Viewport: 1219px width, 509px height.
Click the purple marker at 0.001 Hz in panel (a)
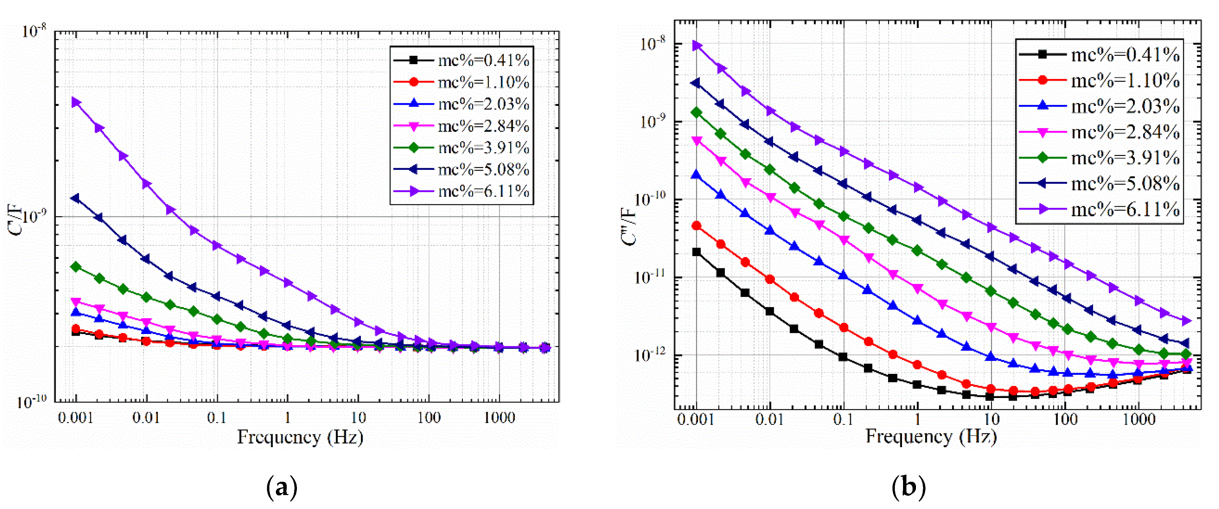76,102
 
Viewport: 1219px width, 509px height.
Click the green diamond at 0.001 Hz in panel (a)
75,267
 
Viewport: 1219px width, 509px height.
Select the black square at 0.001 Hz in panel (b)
696,252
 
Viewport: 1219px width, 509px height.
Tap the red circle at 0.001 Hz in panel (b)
696,225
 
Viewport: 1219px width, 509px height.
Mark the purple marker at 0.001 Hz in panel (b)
697,46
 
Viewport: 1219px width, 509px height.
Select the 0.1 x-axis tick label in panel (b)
843,419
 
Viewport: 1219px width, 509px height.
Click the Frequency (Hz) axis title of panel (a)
300,437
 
